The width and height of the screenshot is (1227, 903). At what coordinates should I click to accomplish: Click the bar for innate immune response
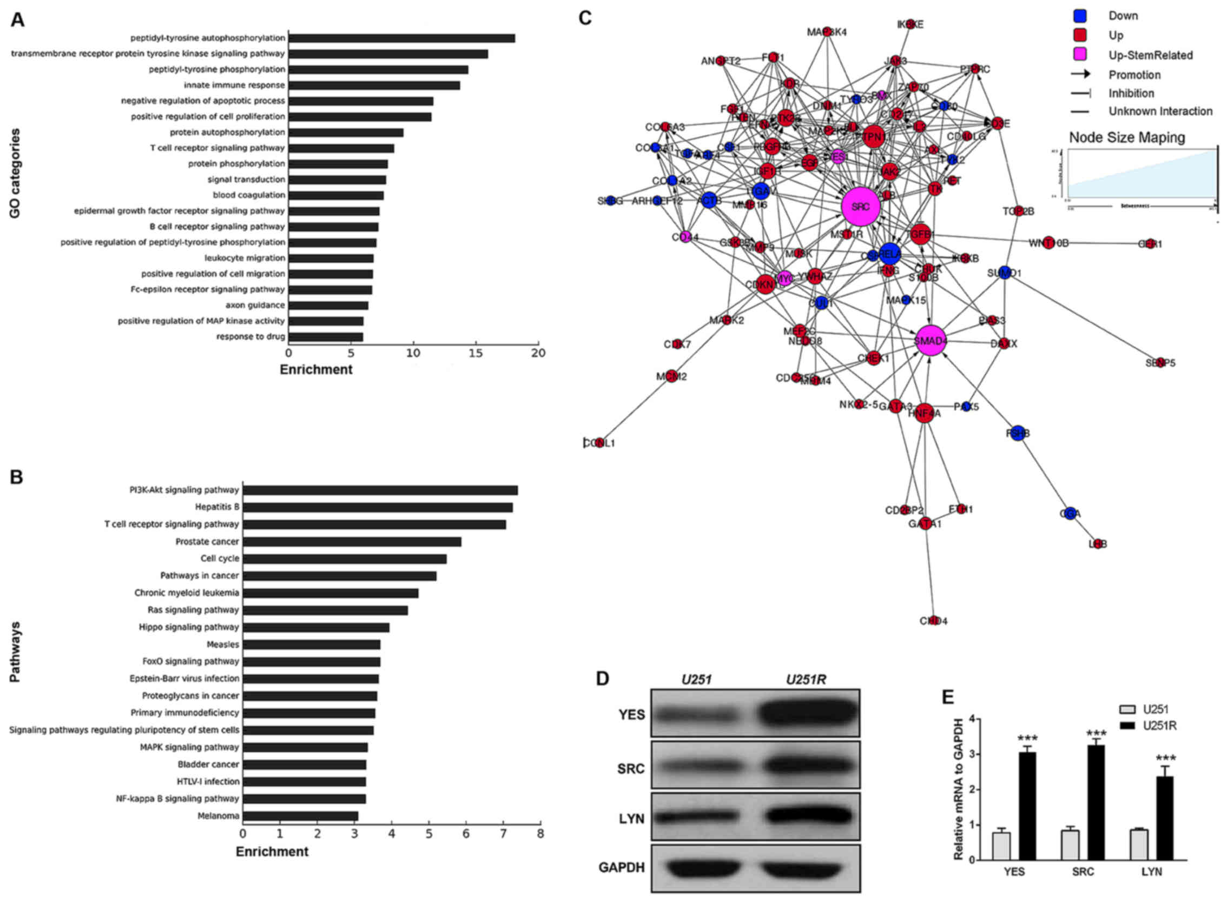tap(374, 85)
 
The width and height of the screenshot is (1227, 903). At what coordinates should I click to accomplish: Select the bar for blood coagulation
tap(336, 195)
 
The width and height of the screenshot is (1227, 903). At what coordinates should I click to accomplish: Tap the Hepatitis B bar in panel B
tap(377, 507)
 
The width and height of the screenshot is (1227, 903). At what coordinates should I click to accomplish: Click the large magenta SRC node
tap(861, 207)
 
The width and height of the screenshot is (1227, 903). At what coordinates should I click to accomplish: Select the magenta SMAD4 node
tap(931, 341)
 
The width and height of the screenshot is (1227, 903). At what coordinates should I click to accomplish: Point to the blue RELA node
tap(889, 254)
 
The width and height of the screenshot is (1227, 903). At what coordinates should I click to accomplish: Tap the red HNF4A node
tap(924, 413)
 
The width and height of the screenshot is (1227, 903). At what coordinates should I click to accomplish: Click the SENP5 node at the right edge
tap(1160, 362)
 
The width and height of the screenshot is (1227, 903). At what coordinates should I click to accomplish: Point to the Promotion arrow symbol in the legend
tap(1080, 74)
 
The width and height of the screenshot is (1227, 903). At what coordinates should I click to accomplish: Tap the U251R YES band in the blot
tap(807, 714)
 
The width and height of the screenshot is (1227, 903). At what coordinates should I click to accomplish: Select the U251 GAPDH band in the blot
tap(696, 868)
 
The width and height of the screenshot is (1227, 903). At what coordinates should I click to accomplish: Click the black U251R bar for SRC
tap(1096, 802)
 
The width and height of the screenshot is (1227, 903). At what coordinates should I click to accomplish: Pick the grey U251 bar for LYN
tap(1139, 845)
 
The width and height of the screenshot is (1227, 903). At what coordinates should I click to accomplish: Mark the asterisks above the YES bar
tap(1027, 738)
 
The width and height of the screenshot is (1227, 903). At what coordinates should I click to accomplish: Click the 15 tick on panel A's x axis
tap(476, 353)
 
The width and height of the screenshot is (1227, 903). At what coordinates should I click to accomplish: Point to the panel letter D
tap(602, 679)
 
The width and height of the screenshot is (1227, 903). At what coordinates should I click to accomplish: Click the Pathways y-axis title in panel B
tap(15, 652)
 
